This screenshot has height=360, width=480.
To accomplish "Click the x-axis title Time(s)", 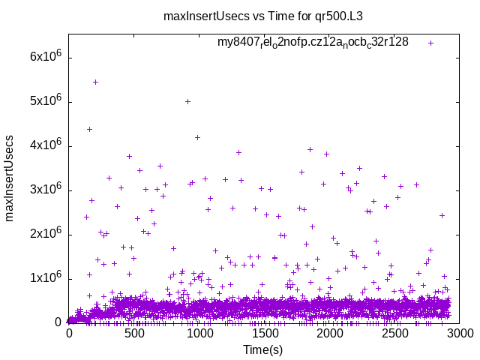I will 263,349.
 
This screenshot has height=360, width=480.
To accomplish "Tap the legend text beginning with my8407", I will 313,42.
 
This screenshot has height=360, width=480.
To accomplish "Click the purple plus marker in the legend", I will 430,43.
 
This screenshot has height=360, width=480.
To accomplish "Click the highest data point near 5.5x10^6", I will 95,82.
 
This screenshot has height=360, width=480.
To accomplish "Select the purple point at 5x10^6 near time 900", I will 187,101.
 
